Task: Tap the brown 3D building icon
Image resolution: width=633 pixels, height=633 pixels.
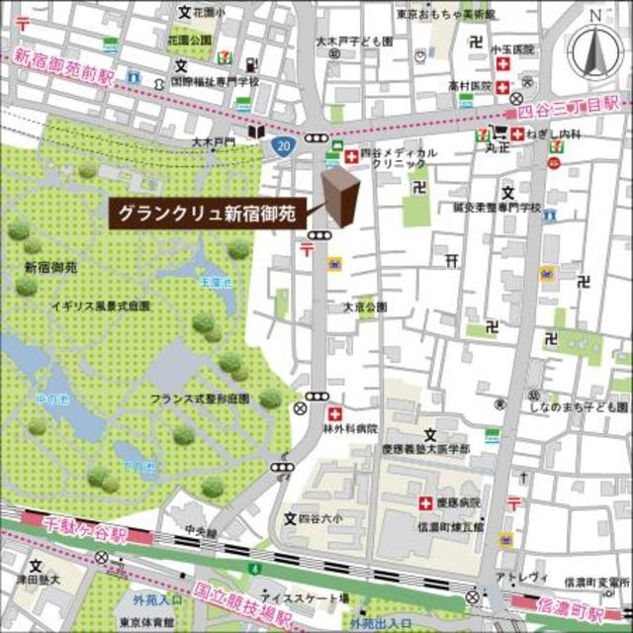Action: click(x=341, y=198)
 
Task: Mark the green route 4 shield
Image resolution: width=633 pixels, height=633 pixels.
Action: click(x=255, y=569)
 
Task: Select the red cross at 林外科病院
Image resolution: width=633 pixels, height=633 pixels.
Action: click(x=335, y=412)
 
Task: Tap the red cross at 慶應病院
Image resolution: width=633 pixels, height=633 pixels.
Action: click(x=426, y=502)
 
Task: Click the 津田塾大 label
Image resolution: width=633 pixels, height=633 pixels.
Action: click(x=40, y=579)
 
